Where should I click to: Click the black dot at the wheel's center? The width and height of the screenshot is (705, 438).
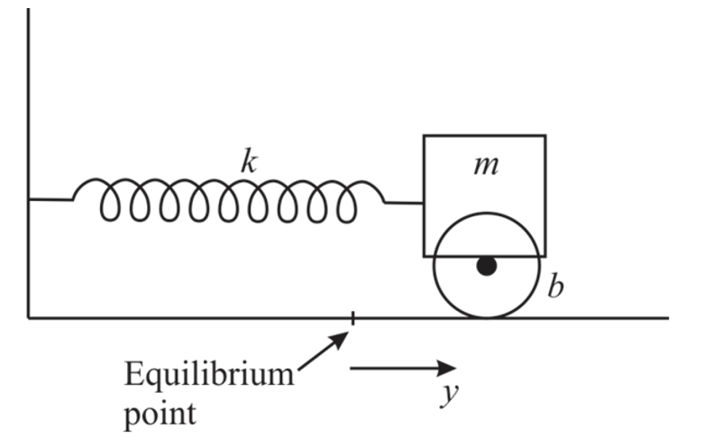[x=487, y=266]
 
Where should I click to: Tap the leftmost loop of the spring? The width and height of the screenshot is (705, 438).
[x=112, y=203]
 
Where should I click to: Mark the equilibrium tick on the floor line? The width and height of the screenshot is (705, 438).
[x=352, y=317]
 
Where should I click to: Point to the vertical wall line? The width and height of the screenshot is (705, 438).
[x=29, y=135]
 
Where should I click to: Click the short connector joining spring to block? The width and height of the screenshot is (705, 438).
[x=405, y=203]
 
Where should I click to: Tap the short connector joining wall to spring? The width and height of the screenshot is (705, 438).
[x=50, y=199]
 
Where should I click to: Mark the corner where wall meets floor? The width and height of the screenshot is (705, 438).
[x=29, y=317]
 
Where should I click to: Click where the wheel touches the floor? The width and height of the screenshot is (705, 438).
[x=487, y=317]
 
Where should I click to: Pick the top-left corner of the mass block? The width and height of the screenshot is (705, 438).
[x=425, y=135]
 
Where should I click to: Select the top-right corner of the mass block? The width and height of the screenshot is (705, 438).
[x=545, y=135]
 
